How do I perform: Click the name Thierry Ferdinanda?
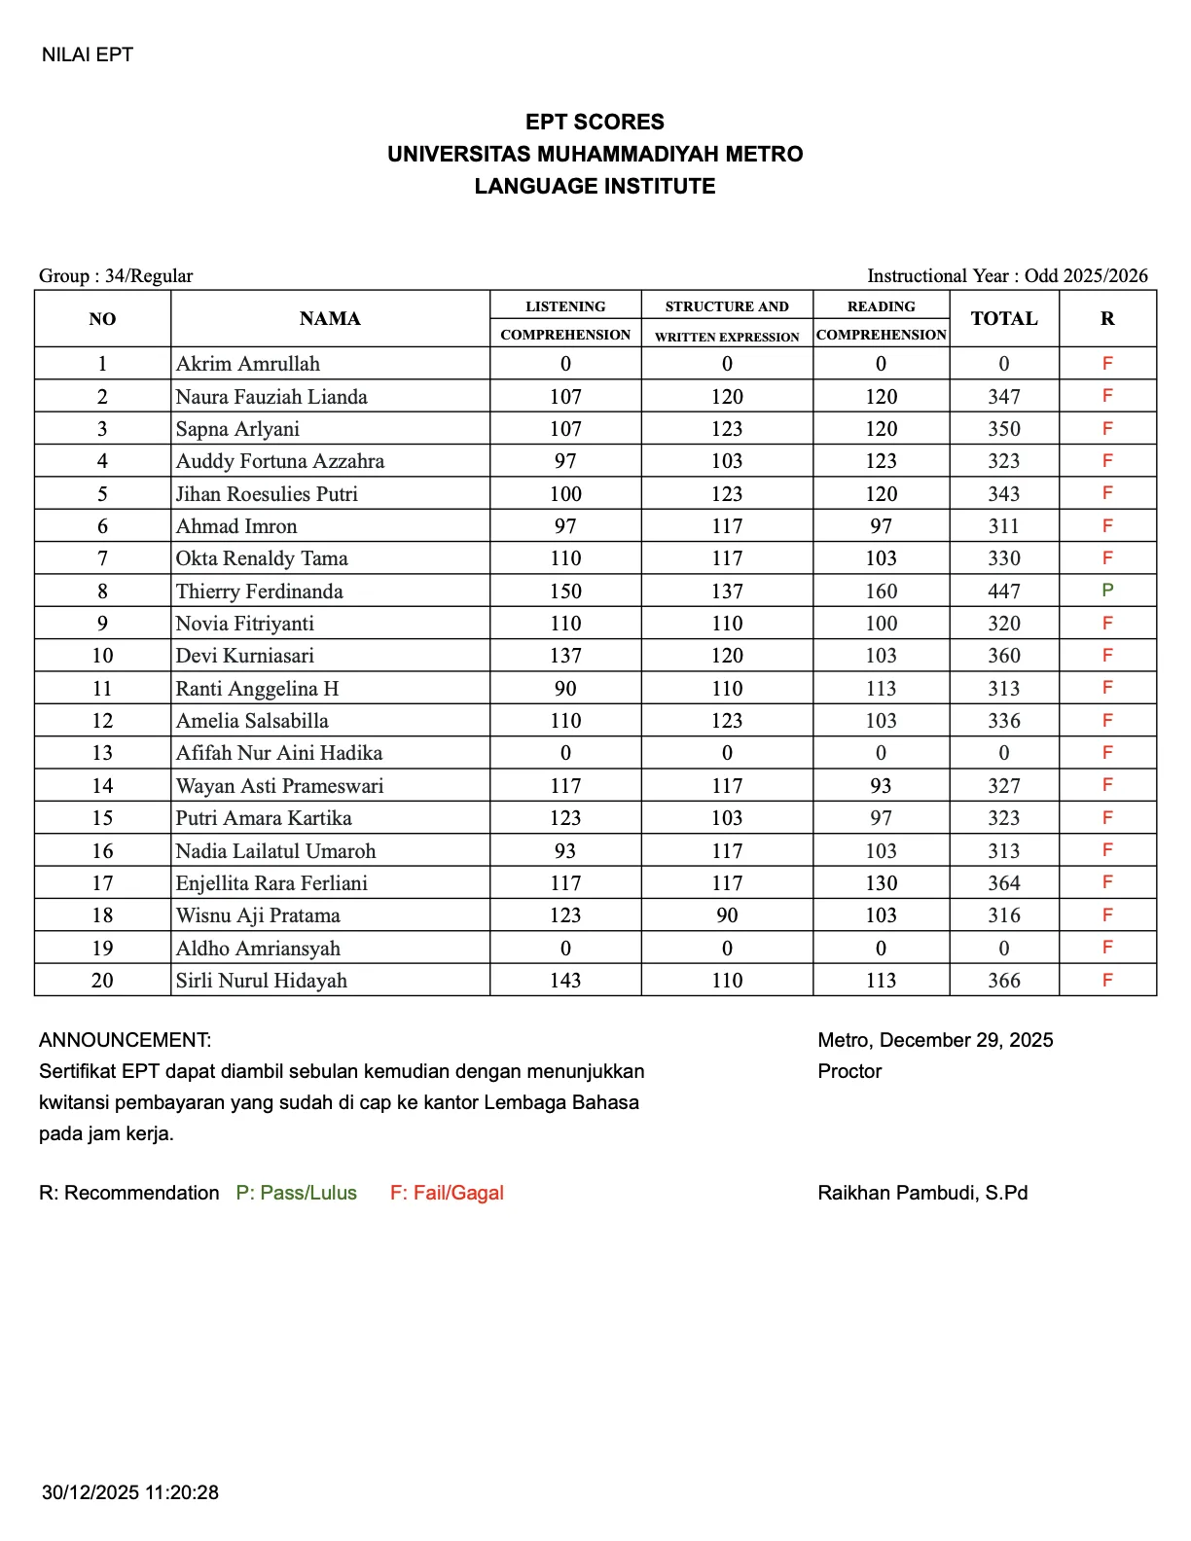[x=259, y=591]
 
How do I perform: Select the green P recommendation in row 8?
[x=1107, y=591]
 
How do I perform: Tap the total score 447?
[x=1003, y=591]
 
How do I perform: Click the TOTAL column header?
[x=1003, y=319]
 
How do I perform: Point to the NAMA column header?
[x=330, y=319]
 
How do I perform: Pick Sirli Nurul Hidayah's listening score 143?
[x=565, y=981]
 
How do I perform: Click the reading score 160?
[x=881, y=591]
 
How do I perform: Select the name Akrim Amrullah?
[x=248, y=364]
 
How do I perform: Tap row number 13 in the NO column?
[x=102, y=753]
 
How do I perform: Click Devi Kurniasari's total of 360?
[x=1003, y=656]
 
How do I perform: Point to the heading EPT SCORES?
[x=595, y=123]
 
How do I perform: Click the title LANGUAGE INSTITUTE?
[x=595, y=187]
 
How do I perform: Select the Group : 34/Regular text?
[x=116, y=276]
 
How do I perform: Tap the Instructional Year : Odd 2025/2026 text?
[x=1007, y=276]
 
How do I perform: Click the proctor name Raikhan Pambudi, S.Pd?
[x=922, y=1193]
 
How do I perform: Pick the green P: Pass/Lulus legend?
[x=296, y=1193]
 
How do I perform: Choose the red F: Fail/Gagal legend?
[x=447, y=1193]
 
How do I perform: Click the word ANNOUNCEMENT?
[x=125, y=1040]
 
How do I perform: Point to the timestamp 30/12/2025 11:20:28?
[x=130, y=1492]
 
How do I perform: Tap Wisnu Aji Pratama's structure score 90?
[x=727, y=915]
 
